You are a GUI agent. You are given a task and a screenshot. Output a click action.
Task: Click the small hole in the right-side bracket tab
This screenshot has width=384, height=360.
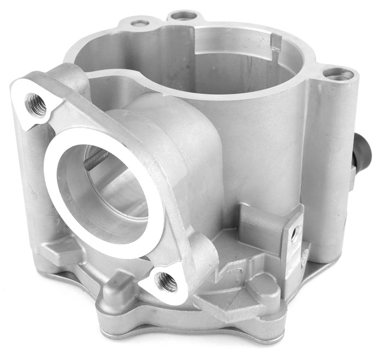click(x=295, y=235)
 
